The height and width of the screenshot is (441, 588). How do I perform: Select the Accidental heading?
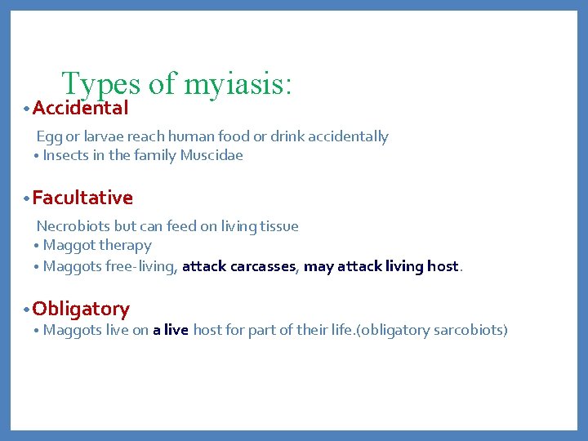tap(80, 108)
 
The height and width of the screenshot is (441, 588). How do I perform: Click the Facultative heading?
tap(82, 198)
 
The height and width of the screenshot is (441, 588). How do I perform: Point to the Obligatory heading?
tap(81, 309)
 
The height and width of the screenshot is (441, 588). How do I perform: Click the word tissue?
tap(278, 226)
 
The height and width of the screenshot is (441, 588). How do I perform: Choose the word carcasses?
tap(264, 266)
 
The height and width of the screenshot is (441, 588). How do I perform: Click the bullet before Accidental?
tap(27, 109)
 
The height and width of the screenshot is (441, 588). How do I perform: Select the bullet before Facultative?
tap(27, 198)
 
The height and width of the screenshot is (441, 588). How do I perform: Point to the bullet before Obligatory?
tap(27, 310)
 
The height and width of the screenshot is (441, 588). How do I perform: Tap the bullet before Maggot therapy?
tap(38, 246)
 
